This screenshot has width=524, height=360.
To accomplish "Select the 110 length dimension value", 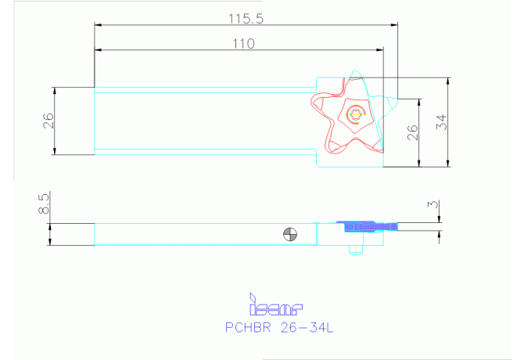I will [x=243, y=44].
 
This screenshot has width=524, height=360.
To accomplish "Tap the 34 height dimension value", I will [x=441, y=122].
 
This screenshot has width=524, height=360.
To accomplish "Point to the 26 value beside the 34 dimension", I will [x=413, y=133].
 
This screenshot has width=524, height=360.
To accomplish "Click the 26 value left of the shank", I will [x=48, y=120].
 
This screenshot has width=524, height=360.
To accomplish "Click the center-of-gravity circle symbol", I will [x=291, y=233].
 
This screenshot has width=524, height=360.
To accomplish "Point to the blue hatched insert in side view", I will [x=367, y=226].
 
